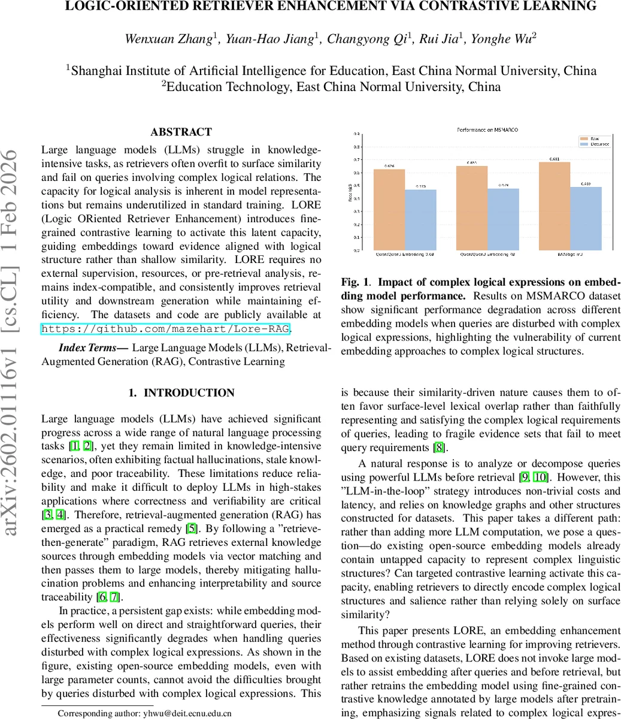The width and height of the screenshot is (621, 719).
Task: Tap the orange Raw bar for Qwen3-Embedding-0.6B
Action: click(x=389, y=210)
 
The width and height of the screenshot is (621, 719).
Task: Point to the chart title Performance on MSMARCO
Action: click(x=487, y=129)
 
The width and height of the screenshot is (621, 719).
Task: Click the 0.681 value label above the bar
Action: click(x=555, y=159)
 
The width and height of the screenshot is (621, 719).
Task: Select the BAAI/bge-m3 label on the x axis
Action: click(x=569, y=253)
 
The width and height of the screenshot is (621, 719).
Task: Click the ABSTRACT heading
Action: click(x=181, y=132)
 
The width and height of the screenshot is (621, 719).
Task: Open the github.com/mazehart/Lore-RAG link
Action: click(x=166, y=328)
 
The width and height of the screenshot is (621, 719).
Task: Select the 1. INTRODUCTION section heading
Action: click(x=181, y=393)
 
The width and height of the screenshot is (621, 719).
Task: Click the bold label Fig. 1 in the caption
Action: click(x=357, y=282)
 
